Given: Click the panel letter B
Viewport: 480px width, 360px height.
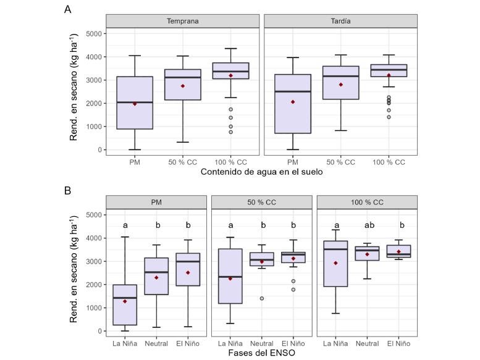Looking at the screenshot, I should [x=68, y=191].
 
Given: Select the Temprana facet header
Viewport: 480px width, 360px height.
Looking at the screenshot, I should [x=182, y=21].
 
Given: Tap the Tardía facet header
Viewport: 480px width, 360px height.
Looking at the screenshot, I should [x=340, y=21].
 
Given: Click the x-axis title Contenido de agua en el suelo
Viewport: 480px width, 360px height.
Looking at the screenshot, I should [x=261, y=172].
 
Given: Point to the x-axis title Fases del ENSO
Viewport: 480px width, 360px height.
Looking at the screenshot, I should [x=261, y=353].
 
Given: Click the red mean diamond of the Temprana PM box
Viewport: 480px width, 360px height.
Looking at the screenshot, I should [x=134, y=104].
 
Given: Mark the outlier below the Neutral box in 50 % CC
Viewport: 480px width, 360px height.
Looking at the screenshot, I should [x=262, y=298].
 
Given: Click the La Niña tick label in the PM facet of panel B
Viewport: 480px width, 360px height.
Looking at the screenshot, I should [x=125, y=343].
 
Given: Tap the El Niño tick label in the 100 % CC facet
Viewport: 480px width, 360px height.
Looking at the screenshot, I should [x=398, y=343].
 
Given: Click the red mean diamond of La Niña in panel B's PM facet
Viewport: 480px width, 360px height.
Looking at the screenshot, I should [x=125, y=301].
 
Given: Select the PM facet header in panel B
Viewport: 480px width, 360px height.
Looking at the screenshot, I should [x=156, y=202].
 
